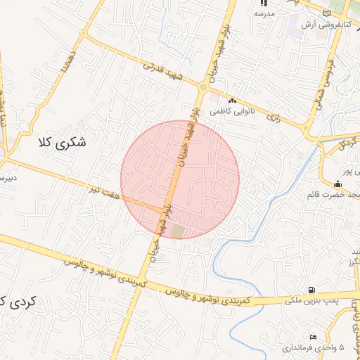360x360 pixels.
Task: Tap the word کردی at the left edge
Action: [22, 302]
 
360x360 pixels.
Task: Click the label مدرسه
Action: [263, 13]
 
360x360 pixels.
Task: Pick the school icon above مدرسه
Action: [263, 4]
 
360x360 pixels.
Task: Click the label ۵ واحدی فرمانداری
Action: [314, 347]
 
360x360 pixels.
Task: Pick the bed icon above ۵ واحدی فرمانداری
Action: [313, 337]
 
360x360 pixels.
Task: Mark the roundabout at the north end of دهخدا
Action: [85, 32]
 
